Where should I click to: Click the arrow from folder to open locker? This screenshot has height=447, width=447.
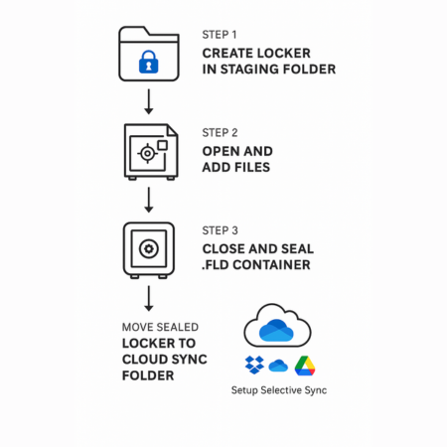point(148,101)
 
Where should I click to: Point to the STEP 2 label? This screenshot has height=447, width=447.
point(221,131)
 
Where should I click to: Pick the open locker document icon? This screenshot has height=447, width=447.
point(149,151)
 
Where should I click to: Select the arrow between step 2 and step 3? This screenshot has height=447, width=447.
point(148,201)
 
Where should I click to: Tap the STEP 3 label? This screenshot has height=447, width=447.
point(221,230)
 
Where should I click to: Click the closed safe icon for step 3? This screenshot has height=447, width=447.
point(149,248)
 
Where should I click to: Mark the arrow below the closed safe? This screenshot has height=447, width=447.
point(148,298)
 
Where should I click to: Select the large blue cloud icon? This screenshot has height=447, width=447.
point(278,324)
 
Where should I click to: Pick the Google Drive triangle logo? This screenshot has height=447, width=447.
point(304,366)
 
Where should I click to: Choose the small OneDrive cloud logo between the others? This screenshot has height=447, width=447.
point(278,366)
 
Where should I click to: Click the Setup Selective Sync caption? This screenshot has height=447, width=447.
point(279,390)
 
